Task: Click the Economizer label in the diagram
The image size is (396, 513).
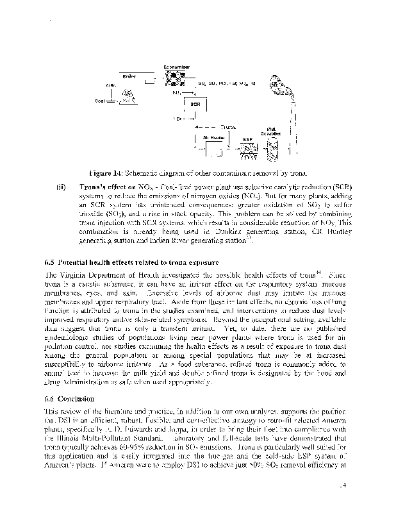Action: [176, 67]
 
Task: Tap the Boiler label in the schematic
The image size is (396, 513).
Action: [130, 77]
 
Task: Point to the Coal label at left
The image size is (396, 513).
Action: [101, 101]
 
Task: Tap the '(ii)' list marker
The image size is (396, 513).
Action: [61, 187]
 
